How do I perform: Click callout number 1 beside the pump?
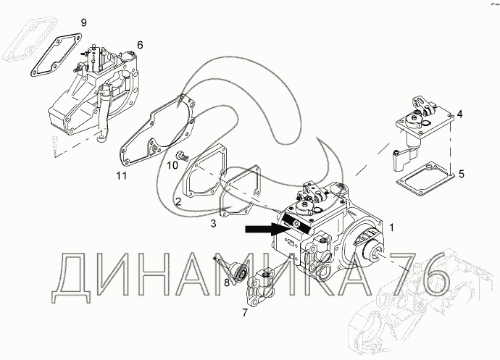click(x=392, y=227)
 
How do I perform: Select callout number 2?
click(x=178, y=201)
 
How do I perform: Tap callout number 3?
click(x=214, y=224)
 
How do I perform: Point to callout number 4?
click(x=459, y=114)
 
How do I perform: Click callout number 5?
click(x=462, y=175)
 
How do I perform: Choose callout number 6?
click(x=140, y=45)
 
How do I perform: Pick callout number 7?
click(x=244, y=313)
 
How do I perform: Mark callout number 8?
click(x=226, y=282)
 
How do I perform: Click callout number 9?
click(x=83, y=23)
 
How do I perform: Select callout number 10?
click(x=172, y=165)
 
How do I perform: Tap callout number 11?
click(x=123, y=175)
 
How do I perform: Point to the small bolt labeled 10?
click(x=182, y=156)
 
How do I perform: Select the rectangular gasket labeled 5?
click(x=425, y=175)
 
